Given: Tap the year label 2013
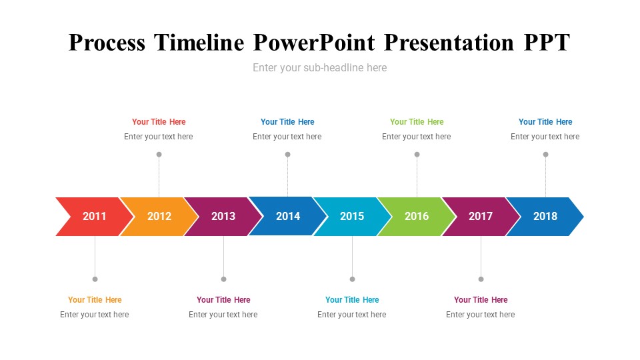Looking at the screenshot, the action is [223, 216].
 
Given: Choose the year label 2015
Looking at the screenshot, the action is [352, 216].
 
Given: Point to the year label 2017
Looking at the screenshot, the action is [481, 216].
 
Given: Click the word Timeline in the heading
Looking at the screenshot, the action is [199, 43].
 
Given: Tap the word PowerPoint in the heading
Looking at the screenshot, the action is [314, 43].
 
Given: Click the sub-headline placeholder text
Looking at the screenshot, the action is [319, 68].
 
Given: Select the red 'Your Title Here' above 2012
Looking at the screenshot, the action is [159, 121].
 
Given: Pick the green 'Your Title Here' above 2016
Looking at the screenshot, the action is [417, 121].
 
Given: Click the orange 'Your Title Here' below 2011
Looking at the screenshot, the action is [95, 299].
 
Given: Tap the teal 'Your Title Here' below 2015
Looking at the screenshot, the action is [352, 299].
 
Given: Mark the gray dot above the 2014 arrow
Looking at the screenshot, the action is [288, 154].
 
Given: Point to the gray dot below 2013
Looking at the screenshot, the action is [224, 279].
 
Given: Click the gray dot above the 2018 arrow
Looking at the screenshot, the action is [546, 154].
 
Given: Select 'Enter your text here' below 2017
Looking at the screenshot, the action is [481, 315].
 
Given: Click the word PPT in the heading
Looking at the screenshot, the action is [547, 43].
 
